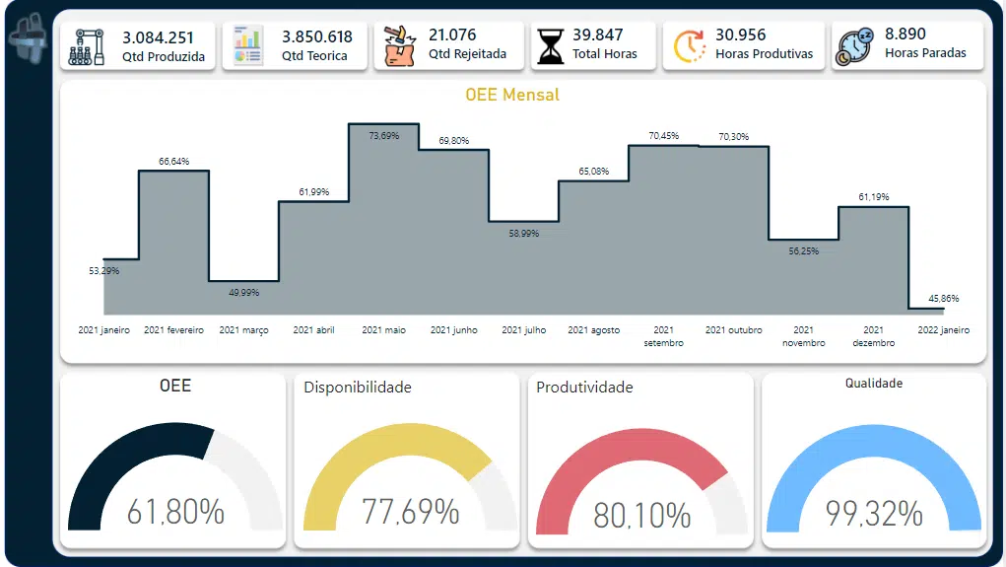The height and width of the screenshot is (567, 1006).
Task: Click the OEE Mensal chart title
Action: (512, 95)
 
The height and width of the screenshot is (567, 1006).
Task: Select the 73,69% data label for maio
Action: (383, 136)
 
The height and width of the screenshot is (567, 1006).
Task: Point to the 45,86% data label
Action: (943, 298)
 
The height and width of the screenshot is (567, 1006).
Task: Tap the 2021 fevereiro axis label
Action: (173, 330)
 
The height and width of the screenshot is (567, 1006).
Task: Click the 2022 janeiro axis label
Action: (943, 330)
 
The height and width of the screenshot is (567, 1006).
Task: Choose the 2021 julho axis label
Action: (523, 330)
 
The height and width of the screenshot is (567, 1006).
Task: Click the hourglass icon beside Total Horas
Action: (550, 46)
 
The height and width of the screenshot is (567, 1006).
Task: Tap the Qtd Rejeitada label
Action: (467, 54)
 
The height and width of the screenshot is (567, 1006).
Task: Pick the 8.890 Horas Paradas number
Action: (905, 35)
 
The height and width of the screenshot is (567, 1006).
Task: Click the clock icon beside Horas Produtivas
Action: (689, 46)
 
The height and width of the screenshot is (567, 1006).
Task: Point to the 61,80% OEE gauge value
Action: (175, 513)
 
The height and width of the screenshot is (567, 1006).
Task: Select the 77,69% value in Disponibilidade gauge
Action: (410, 512)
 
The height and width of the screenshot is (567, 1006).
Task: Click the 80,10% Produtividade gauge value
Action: (641, 515)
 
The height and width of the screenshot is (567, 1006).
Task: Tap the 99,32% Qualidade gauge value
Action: (874, 513)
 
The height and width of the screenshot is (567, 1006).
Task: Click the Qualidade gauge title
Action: (873, 384)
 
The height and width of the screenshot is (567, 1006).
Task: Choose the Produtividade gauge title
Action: (584, 388)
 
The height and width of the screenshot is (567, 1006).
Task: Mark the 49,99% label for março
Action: (242, 292)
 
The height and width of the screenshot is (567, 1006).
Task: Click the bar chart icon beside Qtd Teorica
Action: (247, 46)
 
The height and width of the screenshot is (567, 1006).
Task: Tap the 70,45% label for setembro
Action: (663, 136)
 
